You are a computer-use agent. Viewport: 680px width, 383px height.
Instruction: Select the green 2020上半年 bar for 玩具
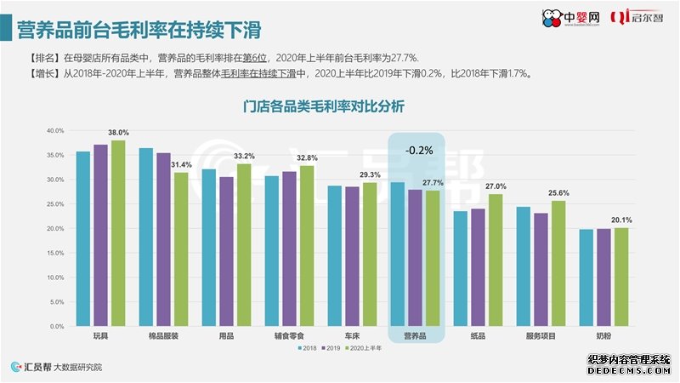click(117, 233)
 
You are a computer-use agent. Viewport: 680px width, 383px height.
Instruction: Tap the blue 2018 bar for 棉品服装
click(145, 237)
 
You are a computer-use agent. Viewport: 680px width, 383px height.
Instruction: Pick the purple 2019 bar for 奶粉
click(603, 277)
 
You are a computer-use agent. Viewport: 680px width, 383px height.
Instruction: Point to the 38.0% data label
click(118, 133)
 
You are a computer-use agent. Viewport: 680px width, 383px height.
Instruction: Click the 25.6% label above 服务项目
click(558, 193)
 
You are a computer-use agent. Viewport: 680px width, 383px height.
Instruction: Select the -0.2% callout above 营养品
click(417, 150)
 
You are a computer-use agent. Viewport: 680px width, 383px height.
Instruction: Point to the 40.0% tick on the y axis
click(55, 131)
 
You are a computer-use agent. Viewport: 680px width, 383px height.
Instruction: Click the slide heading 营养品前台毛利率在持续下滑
click(139, 30)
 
